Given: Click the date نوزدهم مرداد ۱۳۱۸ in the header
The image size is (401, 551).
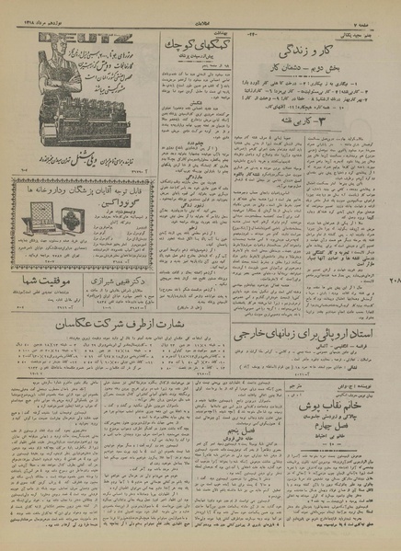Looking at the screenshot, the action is coord(38,6).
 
